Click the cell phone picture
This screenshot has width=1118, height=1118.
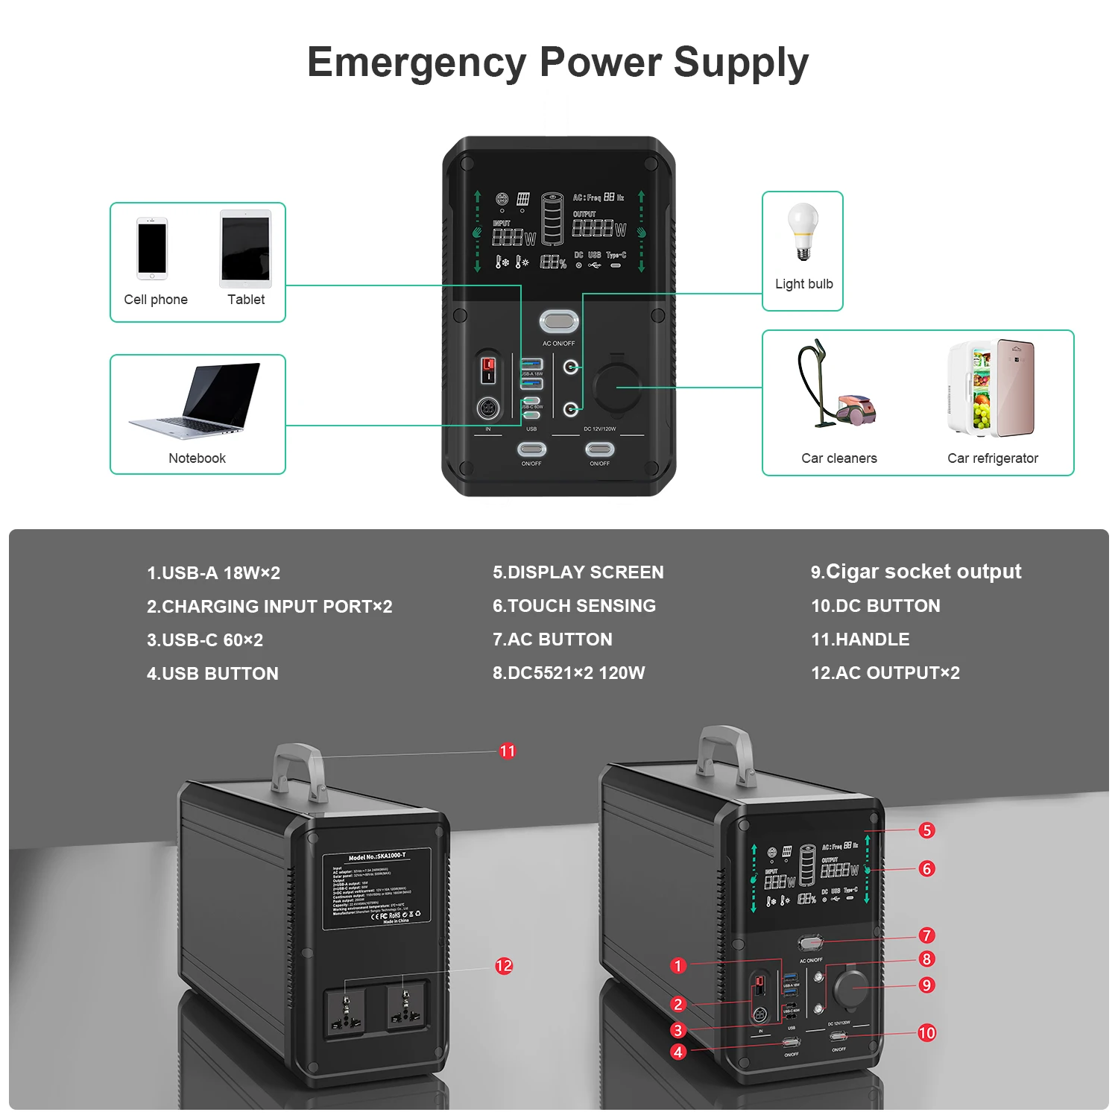point(152,249)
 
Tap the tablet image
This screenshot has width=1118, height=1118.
point(245,249)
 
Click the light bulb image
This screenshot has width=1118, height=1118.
point(803,231)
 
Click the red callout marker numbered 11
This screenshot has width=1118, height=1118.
point(508,751)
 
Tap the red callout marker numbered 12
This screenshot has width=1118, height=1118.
point(504,966)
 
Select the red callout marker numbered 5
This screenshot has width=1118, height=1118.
point(926,830)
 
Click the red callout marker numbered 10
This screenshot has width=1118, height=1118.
point(926,1033)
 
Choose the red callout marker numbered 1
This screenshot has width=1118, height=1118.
point(678,966)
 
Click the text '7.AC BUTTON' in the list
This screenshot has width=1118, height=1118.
point(552,639)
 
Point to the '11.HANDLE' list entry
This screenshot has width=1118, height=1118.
point(860,639)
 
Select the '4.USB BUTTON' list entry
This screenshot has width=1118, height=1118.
point(212,674)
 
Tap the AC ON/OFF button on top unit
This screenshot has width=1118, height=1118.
point(558,322)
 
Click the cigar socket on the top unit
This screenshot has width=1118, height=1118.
point(616,387)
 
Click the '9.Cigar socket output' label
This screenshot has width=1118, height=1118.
point(916,572)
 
